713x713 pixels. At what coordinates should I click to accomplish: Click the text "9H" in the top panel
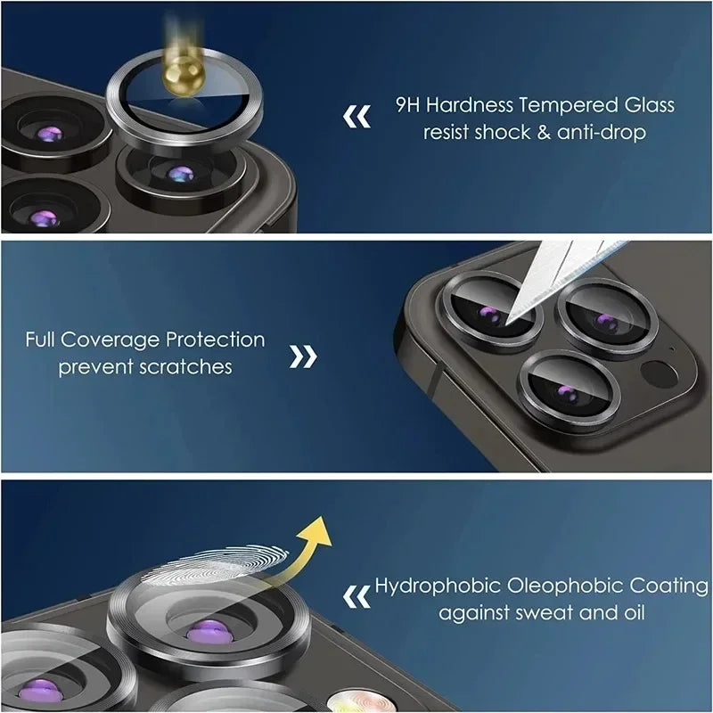click(408, 105)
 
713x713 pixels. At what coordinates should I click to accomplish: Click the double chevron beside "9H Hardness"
click(357, 117)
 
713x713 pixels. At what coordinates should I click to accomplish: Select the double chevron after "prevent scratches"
click(305, 357)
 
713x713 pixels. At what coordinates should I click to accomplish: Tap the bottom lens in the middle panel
click(558, 391)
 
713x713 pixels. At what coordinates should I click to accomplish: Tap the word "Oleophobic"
click(552, 586)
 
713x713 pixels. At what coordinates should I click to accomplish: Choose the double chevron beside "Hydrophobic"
click(357, 594)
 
